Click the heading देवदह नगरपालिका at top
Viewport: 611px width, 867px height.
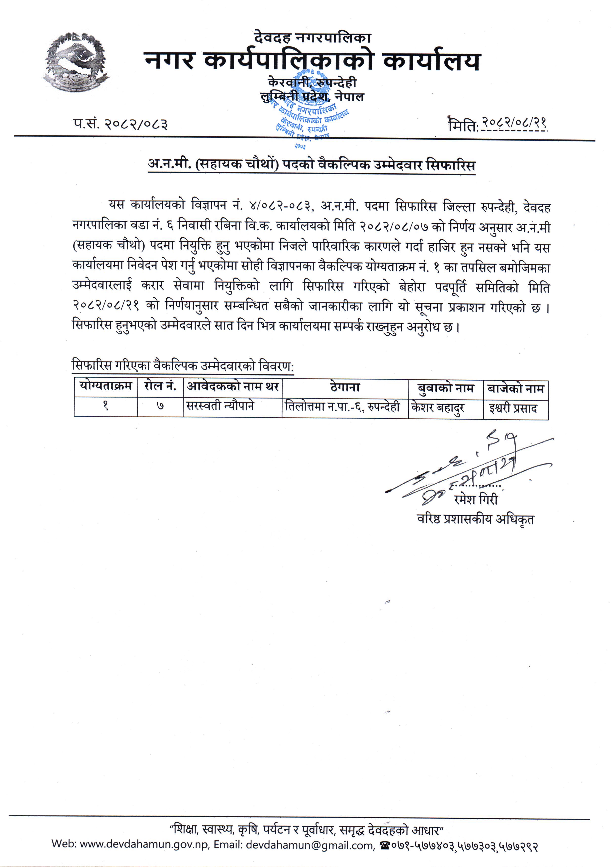(312, 37)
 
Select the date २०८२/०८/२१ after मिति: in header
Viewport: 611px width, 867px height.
(514, 123)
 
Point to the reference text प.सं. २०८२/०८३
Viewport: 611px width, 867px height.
(120, 124)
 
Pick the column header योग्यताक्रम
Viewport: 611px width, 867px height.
(106, 387)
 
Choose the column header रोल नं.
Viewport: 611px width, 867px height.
(160, 387)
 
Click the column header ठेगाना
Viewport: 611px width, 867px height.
(345, 387)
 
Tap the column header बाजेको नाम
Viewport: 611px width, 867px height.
(515, 389)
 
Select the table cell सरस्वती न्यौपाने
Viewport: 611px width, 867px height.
(220, 406)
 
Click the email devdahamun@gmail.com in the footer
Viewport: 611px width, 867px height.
(309, 845)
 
